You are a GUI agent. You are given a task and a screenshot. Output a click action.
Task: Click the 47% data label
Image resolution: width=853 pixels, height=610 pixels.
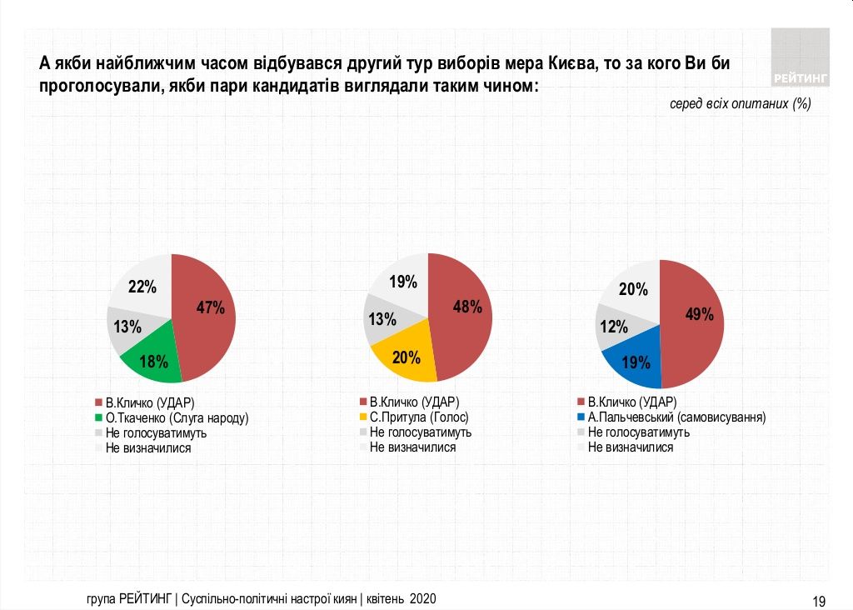pos(210,307)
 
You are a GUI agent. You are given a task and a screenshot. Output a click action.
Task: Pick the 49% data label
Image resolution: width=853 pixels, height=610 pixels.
pos(699,314)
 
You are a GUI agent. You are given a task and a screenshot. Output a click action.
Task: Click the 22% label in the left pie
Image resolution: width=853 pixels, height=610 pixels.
pos(142,287)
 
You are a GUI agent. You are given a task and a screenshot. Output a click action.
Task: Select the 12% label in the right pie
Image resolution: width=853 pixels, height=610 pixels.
pos(613,327)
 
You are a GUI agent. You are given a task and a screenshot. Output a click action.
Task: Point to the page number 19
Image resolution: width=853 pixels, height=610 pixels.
pos(819,601)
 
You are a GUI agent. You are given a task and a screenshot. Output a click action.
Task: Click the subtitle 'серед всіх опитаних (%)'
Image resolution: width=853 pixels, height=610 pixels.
pos(740,104)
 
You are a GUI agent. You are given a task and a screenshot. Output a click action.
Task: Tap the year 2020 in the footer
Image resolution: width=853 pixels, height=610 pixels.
pos(423,599)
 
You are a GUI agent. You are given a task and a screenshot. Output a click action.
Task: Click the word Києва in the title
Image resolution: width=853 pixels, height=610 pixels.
pos(572,63)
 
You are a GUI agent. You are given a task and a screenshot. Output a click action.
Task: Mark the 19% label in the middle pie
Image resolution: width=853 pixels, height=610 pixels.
pos(403,282)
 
